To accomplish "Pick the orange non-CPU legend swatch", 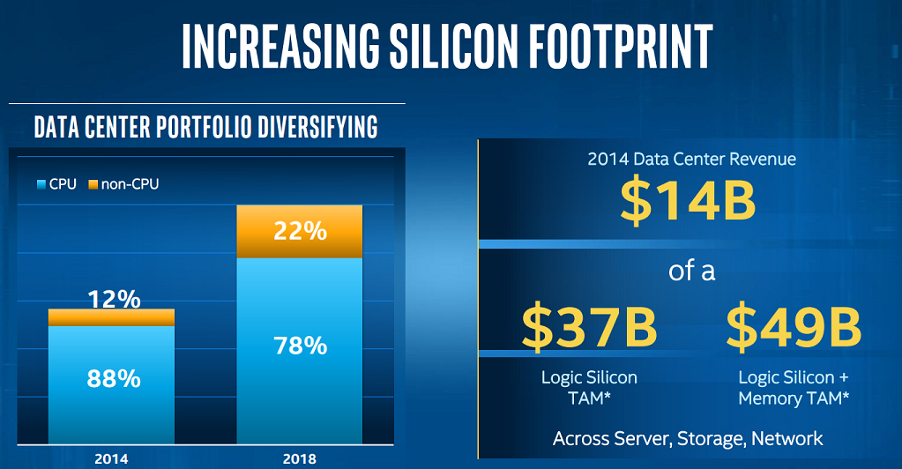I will pos(94,184).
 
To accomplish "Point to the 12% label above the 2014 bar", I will pos(115,300).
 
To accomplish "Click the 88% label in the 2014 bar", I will pos(113,379).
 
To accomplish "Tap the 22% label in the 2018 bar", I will pos(301,231).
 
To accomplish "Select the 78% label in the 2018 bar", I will pos(301,345).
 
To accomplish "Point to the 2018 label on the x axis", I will pos(301,458).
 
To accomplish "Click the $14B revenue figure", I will pos(688,201).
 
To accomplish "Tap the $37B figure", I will pos(589,326).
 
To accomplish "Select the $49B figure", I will pos(794,326).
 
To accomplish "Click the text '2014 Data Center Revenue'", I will pos(691,160).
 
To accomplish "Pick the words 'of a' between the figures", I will pos(691,270).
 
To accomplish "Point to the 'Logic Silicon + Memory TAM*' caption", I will pos(794,388).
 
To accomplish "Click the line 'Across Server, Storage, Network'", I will pos(688,438).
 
